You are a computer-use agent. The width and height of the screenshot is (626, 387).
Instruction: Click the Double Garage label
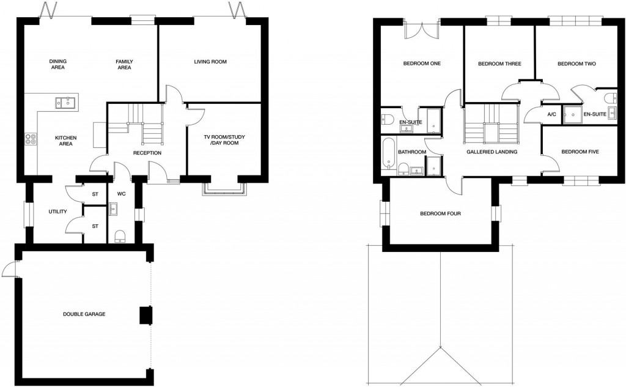[x=84, y=314]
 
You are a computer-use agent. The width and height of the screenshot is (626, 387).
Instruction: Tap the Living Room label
[x=210, y=62]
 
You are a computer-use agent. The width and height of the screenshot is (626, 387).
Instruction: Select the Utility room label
[x=57, y=212]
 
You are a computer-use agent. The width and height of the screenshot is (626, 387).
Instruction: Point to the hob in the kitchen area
[x=28, y=139]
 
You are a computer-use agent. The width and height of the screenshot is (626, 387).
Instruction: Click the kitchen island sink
[x=64, y=103]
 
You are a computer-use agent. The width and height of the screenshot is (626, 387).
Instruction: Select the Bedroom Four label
[x=440, y=214]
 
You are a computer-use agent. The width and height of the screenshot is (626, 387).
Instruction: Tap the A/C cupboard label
[x=551, y=114]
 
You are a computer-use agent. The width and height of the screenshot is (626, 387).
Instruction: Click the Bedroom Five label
[x=579, y=152]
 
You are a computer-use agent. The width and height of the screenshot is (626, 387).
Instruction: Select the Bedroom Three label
[x=499, y=64]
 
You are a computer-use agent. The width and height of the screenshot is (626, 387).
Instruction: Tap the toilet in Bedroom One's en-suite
[x=386, y=119]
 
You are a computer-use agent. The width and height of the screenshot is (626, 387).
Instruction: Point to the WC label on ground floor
[x=121, y=194]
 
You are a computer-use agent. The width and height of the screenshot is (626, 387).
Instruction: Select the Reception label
[x=147, y=152]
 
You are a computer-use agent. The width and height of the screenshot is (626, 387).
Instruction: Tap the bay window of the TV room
[x=226, y=189]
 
